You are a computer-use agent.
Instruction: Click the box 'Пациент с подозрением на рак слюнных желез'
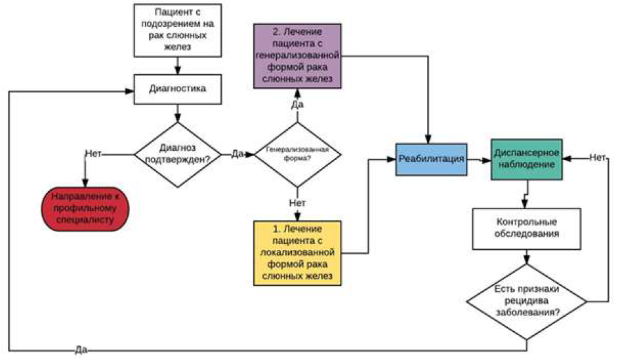tap(177, 31)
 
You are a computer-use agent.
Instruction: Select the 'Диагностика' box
tap(177, 89)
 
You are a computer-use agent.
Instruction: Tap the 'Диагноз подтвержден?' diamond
tap(178, 154)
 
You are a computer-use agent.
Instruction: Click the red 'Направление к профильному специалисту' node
tap(85, 209)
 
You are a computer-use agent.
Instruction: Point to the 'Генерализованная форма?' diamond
tap(298, 154)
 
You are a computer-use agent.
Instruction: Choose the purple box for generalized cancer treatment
tap(298, 56)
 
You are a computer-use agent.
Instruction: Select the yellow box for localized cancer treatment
tap(298, 253)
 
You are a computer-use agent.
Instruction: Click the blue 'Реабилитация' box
tap(432, 159)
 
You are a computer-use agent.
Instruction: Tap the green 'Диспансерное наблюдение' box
tap(527, 159)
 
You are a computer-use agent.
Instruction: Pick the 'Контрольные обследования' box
tap(527, 229)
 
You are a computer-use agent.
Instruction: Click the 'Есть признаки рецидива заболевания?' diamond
tap(527, 302)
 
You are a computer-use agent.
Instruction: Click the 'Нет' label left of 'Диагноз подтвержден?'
tap(93, 153)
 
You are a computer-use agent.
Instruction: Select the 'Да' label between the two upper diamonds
tap(237, 153)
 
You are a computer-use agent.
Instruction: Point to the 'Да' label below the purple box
tap(298, 104)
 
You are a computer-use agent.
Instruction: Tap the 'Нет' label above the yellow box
tap(298, 203)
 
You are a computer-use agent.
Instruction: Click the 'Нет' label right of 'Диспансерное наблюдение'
tap(597, 157)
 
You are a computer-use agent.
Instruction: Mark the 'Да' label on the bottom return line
tap(81, 350)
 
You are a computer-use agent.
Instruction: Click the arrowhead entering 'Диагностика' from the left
tap(130, 91)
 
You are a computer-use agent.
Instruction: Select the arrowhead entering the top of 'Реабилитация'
tap(428, 140)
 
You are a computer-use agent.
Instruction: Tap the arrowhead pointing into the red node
tap(85, 183)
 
